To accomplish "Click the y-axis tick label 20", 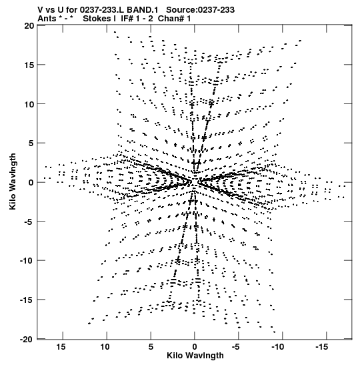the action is pyautogui.click(x=29, y=26).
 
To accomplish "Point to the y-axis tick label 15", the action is pyautogui.click(x=29, y=65).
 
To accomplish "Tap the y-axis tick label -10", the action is pyautogui.click(x=27, y=260).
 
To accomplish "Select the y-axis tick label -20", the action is pyautogui.click(x=27, y=340).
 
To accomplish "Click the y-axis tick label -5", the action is pyautogui.click(x=29, y=222).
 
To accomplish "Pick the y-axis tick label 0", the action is pyautogui.click(x=31, y=183).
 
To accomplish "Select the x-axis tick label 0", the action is pyautogui.click(x=195, y=347).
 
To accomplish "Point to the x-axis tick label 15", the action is pyautogui.click(x=61, y=347).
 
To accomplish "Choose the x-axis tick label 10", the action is pyautogui.click(x=105, y=347).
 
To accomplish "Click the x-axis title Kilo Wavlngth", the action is pyautogui.click(x=195, y=356).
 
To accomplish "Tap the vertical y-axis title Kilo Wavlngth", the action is pyautogui.click(x=13, y=181).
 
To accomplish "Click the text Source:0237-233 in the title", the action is pyautogui.click(x=200, y=10).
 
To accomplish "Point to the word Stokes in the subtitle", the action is pyautogui.click(x=97, y=19).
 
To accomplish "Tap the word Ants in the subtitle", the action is pyautogui.click(x=47, y=19).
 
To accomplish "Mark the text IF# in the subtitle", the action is pyautogui.click(x=127, y=19).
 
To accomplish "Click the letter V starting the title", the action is pyautogui.click(x=41, y=10).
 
